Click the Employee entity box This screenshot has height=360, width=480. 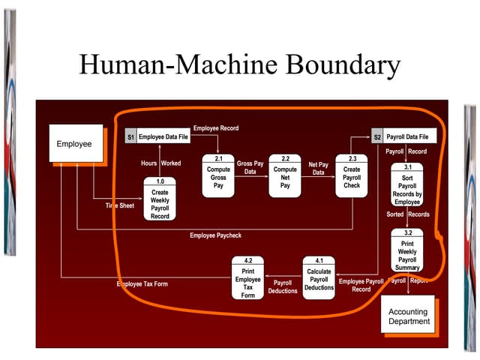coord(74,143)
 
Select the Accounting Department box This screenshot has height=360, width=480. coord(409,316)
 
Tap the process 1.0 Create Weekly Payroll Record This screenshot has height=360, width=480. coord(160,199)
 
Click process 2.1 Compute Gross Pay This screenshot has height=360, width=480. coord(218,176)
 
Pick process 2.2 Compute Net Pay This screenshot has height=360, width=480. coord(285,176)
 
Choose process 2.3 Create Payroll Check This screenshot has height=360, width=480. coord(352,176)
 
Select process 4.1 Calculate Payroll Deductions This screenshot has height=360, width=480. coord(319,278)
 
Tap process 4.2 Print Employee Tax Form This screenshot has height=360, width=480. coord(248,278)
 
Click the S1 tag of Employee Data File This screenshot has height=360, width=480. coord(130,138)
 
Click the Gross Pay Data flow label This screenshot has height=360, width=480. coord(250,167)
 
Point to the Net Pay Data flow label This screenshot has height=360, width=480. coord(318,169)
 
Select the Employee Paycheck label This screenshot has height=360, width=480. coord(215,235)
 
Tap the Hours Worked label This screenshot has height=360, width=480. coord(160,163)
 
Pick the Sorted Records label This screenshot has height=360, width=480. coord(408,214)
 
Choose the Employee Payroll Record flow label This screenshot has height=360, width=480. coord(361,285)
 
